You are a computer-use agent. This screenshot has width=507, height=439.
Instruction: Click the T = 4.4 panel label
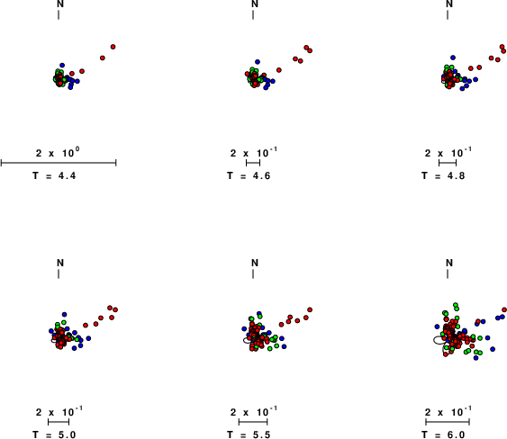(54, 175)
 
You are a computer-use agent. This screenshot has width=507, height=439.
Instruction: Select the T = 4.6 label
(249, 175)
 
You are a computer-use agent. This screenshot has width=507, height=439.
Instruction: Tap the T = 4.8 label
(443, 175)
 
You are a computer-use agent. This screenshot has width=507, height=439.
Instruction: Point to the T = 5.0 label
(54, 435)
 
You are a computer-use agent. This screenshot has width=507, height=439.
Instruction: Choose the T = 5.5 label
(249, 435)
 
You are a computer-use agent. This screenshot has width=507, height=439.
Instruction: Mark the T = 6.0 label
(443, 435)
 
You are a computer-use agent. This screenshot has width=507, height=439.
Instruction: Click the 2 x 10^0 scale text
(58, 152)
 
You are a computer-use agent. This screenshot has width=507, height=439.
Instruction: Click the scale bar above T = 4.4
(59, 163)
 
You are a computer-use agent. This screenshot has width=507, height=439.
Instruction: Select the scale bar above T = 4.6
(253, 163)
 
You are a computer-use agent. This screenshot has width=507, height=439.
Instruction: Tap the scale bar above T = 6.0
(448, 422)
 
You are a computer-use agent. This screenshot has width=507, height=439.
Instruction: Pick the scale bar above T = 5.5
(253, 422)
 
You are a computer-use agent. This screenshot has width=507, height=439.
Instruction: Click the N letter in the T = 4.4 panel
(60, 4)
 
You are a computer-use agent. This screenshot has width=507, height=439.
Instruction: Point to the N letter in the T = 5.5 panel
(255, 263)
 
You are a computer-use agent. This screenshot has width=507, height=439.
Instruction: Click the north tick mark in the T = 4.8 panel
(448, 15)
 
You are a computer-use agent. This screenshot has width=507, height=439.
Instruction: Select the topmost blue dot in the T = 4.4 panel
(62, 66)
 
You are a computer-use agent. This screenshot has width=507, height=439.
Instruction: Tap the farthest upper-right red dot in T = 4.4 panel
(113, 47)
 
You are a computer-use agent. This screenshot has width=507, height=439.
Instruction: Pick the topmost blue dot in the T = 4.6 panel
(258, 62)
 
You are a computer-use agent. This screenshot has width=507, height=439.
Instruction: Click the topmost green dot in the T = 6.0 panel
(456, 305)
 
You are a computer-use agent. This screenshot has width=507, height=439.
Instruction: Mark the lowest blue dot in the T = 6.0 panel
(475, 358)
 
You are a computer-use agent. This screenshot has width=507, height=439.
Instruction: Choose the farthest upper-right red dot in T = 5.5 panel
(310, 309)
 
